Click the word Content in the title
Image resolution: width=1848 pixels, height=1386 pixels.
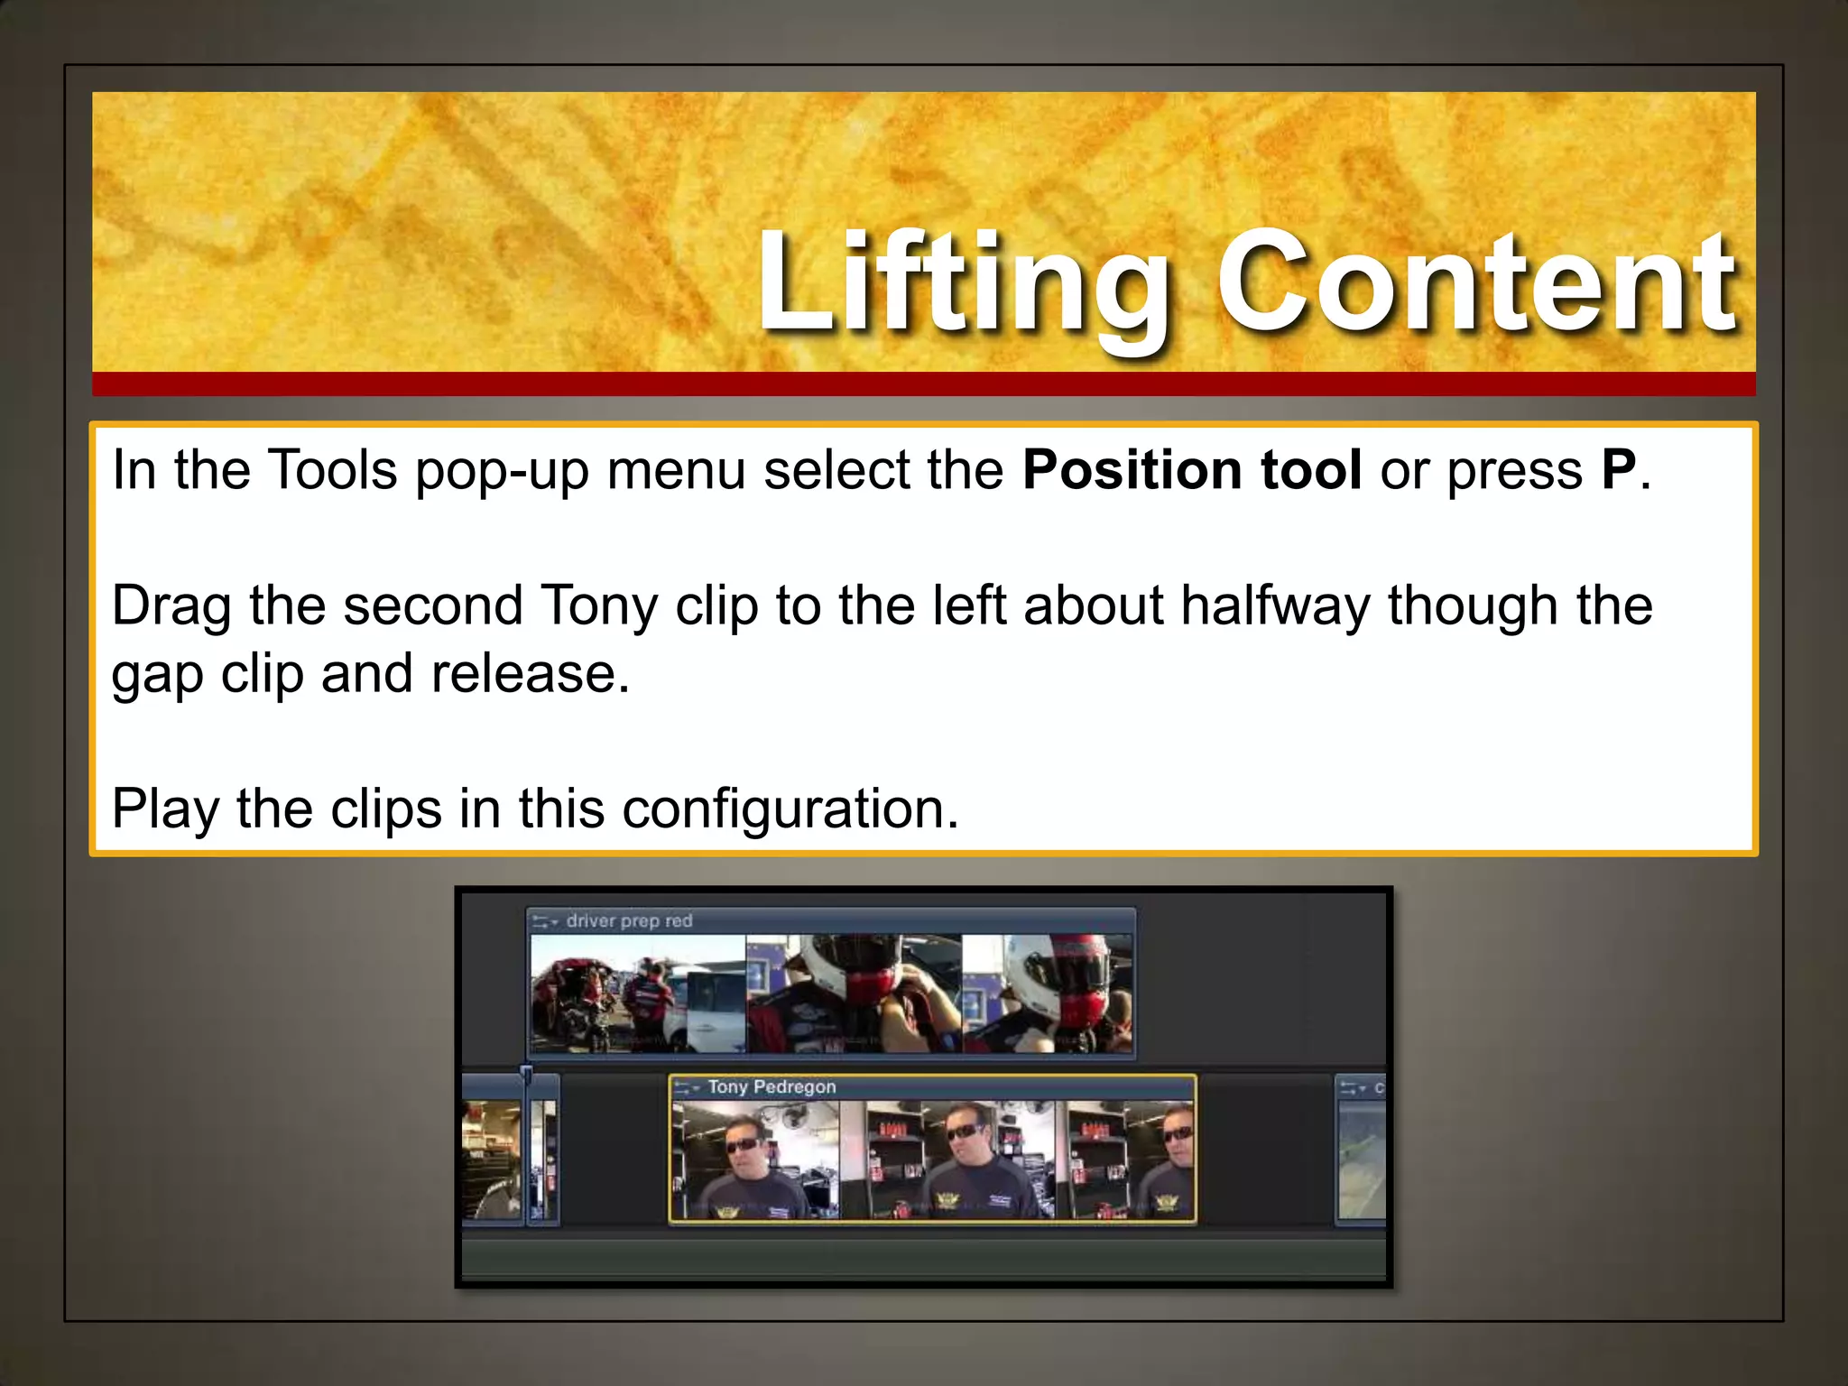(x=1474, y=284)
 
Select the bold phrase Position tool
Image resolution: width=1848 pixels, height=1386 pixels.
(x=1191, y=470)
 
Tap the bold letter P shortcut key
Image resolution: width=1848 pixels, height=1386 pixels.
(x=1619, y=470)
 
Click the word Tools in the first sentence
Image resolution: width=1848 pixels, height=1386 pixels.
(x=332, y=470)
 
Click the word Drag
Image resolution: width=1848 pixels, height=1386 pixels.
(x=171, y=605)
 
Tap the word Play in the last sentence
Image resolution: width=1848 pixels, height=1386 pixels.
(x=165, y=808)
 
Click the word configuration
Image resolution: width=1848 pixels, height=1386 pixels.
(x=790, y=808)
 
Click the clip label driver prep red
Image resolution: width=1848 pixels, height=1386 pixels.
(x=629, y=921)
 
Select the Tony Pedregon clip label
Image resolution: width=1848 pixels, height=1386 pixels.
(x=772, y=1087)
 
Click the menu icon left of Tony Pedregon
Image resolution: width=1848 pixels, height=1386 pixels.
(x=686, y=1088)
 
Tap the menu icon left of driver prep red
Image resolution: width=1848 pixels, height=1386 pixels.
(x=544, y=922)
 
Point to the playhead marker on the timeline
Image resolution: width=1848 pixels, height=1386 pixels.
(x=526, y=1073)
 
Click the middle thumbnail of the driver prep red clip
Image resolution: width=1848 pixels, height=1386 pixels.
(x=854, y=993)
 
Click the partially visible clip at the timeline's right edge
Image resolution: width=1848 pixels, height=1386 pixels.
(x=1360, y=1155)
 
